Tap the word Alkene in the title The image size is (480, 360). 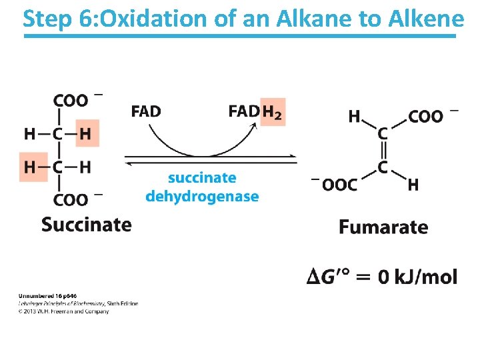click(x=424, y=19)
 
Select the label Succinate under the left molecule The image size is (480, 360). click(x=86, y=224)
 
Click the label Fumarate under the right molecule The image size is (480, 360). click(x=383, y=227)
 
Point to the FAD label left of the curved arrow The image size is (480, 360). click(x=146, y=111)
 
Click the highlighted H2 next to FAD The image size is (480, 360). click(x=272, y=111)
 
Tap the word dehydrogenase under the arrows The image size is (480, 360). click(x=202, y=196)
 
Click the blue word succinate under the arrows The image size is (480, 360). click(x=202, y=178)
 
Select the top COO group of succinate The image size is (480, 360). click(x=71, y=101)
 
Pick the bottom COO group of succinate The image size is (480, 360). click(x=71, y=199)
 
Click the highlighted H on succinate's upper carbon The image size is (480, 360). click(x=85, y=133)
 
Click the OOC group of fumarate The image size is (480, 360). click(x=339, y=185)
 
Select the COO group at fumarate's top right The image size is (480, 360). click(x=425, y=117)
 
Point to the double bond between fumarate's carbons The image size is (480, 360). click(x=383, y=151)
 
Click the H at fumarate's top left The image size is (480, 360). click(x=355, y=117)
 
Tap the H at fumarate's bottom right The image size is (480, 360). click(x=413, y=185)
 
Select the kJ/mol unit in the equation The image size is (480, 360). click(x=426, y=276)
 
